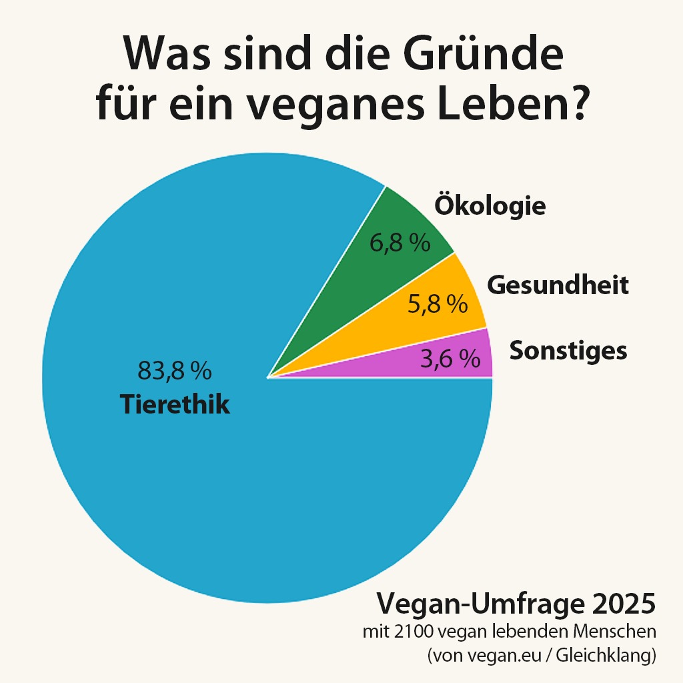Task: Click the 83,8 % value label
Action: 174,370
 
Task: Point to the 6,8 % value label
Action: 400,243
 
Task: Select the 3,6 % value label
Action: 450,360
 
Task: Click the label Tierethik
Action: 175,405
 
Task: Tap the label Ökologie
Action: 490,205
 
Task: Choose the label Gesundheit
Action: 558,285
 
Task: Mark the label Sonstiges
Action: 568,350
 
